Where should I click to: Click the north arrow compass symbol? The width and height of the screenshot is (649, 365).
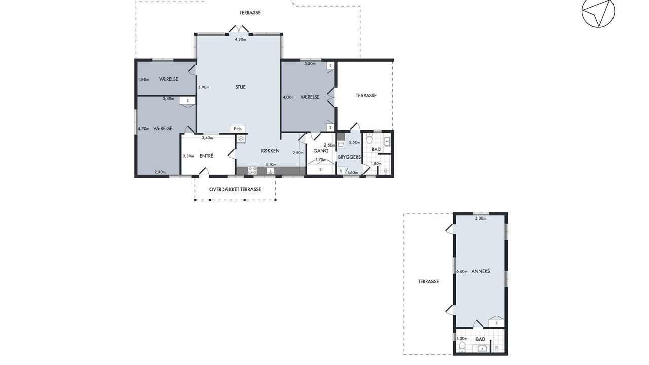click(x=598, y=12)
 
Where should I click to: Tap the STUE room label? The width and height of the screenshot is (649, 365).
click(x=240, y=87)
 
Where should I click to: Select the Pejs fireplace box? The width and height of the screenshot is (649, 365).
click(x=238, y=129)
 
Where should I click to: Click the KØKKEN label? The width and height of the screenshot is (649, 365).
click(x=270, y=151)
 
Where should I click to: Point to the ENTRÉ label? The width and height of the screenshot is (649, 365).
click(x=206, y=156)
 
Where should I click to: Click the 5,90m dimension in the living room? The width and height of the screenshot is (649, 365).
click(x=204, y=87)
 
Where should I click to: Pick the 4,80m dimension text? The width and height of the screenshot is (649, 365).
click(x=240, y=39)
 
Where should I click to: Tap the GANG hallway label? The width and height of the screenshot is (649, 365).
click(x=321, y=151)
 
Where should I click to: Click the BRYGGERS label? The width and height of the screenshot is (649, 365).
click(x=349, y=157)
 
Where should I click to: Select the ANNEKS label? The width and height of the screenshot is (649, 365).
click(x=481, y=271)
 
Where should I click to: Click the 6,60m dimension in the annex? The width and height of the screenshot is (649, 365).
click(x=462, y=271)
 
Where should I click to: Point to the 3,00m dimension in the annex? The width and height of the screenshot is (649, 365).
click(x=480, y=218)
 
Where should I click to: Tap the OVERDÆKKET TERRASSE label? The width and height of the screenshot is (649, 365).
click(x=235, y=189)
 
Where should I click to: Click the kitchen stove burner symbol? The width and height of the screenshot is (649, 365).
click(x=252, y=170)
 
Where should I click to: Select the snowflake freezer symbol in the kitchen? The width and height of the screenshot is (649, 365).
click(x=241, y=139)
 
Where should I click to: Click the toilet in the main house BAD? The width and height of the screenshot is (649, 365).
click(x=369, y=138)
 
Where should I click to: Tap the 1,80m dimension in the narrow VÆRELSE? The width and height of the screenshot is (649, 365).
click(x=143, y=80)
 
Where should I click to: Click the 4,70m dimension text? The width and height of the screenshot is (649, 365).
click(x=143, y=129)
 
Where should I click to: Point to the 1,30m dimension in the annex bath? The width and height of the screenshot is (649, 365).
click(x=462, y=338)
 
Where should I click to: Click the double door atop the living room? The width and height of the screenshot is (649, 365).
click(x=239, y=29)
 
